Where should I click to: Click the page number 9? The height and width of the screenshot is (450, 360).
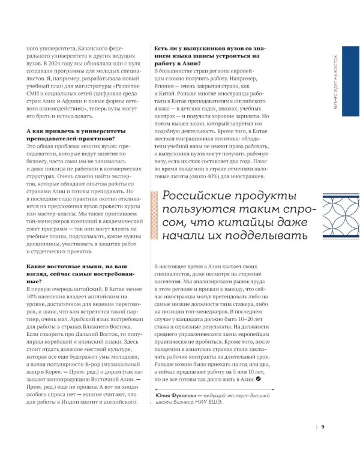tap(322, 427)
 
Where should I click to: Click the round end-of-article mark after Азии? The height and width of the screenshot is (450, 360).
tap(258, 396)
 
